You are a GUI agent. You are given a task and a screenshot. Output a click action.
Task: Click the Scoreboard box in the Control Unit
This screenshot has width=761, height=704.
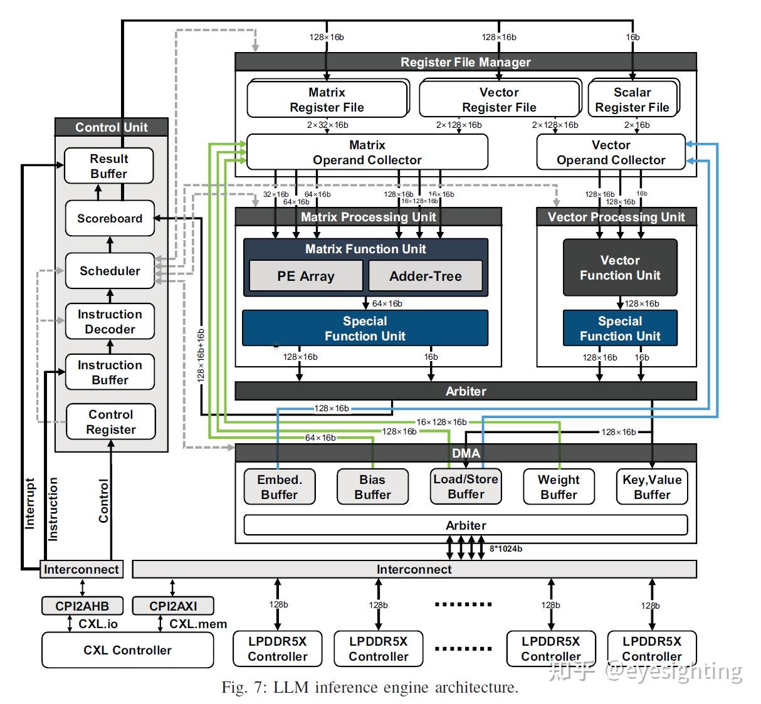click(x=110, y=218)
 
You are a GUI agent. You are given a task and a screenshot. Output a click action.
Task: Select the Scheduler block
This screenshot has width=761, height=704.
click(x=110, y=271)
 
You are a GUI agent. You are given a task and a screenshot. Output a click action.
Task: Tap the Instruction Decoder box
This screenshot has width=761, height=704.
click(x=110, y=322)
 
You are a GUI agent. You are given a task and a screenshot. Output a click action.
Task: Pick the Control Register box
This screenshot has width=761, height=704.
click(x=111, y=422)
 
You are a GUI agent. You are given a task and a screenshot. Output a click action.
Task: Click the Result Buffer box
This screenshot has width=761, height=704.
click(x=108, y=166)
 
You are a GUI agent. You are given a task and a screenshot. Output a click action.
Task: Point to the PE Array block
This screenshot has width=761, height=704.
click(x=305, y=276)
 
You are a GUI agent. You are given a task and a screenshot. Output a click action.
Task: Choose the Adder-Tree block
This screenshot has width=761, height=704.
click(x=425, y=276)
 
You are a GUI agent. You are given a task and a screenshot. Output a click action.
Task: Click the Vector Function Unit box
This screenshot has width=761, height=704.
click(x=620, y=268)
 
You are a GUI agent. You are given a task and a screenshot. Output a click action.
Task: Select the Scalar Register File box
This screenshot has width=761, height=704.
click(x=632, y=100)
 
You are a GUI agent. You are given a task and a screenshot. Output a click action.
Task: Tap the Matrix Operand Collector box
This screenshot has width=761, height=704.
click(x=367, y=152)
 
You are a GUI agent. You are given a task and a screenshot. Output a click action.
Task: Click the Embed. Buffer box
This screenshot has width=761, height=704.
click(x=280, y=487)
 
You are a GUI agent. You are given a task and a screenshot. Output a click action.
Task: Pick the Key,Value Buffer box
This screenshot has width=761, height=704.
click(x=652, y=487)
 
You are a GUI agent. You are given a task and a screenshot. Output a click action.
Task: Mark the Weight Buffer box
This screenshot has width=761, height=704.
click(x=559, y=487)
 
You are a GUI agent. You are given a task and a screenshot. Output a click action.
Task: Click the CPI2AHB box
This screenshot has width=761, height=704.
click(x=82, y=606)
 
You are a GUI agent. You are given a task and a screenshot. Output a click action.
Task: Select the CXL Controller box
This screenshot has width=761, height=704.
click(x=127, y=650)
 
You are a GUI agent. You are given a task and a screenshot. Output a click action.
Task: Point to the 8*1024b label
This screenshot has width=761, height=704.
click(x=505, y=549)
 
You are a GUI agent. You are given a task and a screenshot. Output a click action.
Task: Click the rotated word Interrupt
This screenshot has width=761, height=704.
click(x=29, y=504)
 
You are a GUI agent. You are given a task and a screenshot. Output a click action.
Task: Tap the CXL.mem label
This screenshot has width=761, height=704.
click(x=198, y=624)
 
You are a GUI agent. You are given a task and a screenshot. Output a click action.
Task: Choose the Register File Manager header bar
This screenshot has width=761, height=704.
click(x=465, y=62)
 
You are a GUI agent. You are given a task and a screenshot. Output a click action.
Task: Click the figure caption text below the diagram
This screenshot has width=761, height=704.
click(x=370, y=688)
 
